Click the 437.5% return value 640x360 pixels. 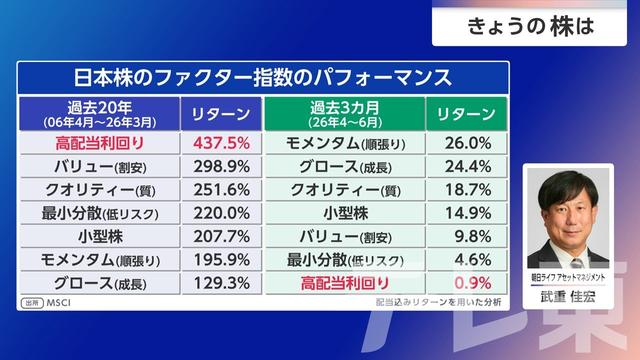tap(222, 143)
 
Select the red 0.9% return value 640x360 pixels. tap(473, 283)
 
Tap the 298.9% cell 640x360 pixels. tap(222, 167)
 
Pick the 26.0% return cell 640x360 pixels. tap(468, 143)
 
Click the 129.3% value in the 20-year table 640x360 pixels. tap(222, 283)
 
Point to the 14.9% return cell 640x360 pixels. tap(468, 213)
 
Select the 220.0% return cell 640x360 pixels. tap(222, 213)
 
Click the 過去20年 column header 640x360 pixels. tap(100, 114)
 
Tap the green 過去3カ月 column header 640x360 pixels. tap(345, 114)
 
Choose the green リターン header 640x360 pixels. tap(467, 114)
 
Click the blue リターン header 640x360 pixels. tap(221, 114)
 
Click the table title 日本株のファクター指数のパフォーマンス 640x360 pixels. tap(263, 78)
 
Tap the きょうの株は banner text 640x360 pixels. tap(530, 27)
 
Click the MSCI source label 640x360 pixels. tap(58, 303)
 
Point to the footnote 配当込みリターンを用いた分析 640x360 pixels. tap(438, 302)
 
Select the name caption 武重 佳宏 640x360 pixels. tap(568, 297)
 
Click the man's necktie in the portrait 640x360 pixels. tap(578, 263)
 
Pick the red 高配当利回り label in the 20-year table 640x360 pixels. tap(100, 143)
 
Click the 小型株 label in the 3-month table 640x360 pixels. tap(346, 213)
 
